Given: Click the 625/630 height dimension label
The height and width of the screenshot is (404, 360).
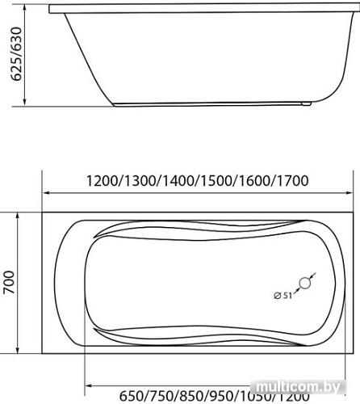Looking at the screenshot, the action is click(x=16, y=54).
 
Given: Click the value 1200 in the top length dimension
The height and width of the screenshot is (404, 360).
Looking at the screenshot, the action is click(x=103, y=181).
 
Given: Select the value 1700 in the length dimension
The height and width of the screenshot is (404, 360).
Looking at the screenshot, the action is click(x=292, y=181).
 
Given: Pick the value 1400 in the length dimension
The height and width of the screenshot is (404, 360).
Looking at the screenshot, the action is click(x=178, y=181).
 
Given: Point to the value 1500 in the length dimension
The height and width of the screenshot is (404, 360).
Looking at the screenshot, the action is click(x=216, y=181).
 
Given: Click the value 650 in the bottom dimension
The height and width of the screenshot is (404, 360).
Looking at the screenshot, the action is click(x=132, y=396).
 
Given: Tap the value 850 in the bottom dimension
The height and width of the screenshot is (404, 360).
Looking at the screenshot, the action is click(x=191, y=396).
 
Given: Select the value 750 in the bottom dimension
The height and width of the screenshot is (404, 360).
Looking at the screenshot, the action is click(x=161, y=396).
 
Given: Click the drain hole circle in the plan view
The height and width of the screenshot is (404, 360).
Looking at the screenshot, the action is click(x=305, y=283).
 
